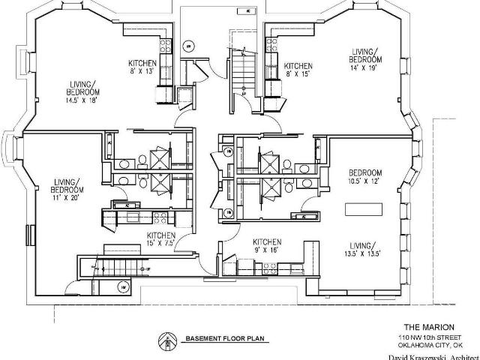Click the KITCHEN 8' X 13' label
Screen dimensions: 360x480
click(x=142, y=67)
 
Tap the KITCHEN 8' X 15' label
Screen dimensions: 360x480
click(x=298, y=70)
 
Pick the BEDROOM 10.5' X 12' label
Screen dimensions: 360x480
click(x=365, y=176)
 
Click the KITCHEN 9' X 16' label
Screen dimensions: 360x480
click(x=266, y=245)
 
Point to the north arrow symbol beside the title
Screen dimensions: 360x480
click(x=163, y=341)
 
